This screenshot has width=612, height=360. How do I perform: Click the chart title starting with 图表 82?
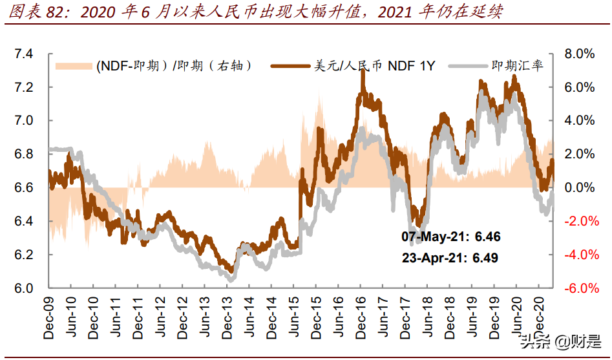(x=254, y=12)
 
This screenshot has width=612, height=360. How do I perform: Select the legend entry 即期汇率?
(x=517, y=65)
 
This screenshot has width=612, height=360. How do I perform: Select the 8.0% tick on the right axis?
(x=579, y=54)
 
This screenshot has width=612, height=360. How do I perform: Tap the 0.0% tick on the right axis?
(x=579, y=187)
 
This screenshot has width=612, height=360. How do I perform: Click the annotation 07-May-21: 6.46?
(x=450, y=237)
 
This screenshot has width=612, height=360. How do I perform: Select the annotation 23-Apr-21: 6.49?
(x=450, y=258)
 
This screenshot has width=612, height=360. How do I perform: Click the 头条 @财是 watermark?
(x=560, y=341)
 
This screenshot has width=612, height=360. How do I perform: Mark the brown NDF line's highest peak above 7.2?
(x=363, y=69)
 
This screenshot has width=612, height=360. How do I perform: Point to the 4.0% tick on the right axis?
(x=579, y=120)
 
